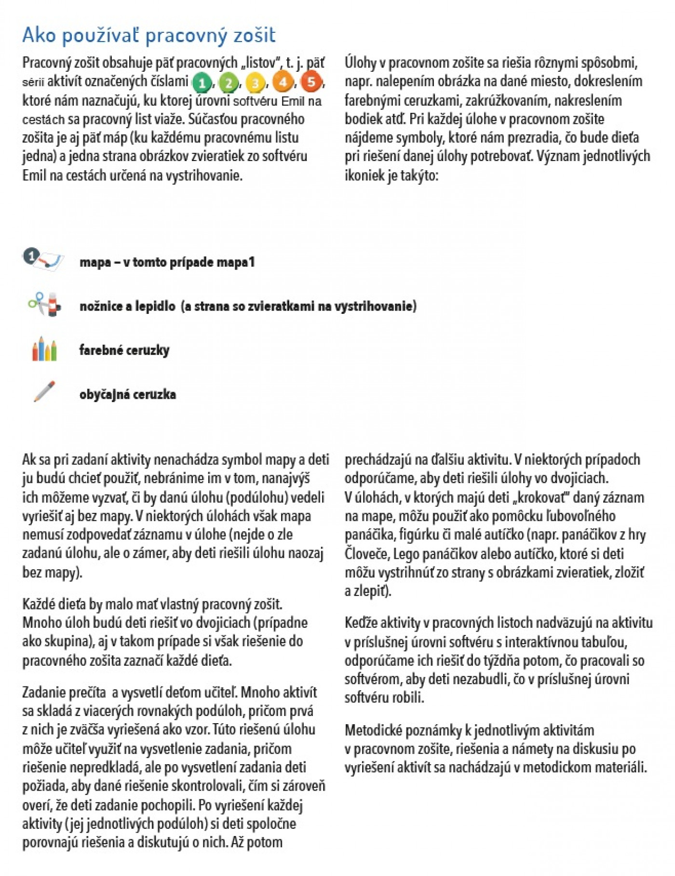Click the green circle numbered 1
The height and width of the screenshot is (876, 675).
tap(202, 83)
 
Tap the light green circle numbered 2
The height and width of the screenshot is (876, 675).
tap(228, 83)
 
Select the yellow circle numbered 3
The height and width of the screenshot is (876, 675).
tap(255, 83)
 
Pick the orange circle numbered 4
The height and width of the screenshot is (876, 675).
tap(283, 82)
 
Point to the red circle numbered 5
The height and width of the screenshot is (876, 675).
tap(311, 82)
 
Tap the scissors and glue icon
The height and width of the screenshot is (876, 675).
tap(45, 304)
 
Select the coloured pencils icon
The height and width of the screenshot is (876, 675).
tap(44, 349)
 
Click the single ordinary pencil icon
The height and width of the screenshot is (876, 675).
tap(44, 392)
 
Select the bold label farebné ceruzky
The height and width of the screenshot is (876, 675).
tap(124, 350)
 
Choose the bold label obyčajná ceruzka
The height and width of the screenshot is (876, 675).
tap(128, 394)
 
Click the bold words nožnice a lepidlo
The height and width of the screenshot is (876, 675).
tap(127, 306)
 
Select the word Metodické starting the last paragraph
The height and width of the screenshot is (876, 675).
tap(373, 730)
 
